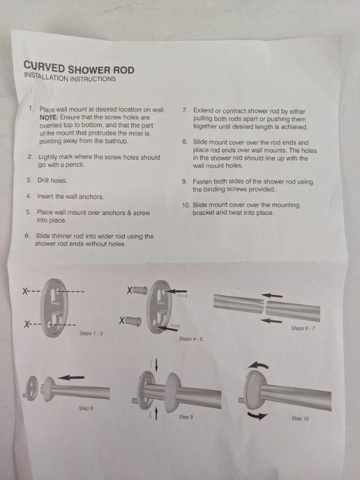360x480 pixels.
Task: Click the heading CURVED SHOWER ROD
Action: coord(79,68)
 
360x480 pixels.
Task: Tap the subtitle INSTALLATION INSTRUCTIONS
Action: coord(70,77)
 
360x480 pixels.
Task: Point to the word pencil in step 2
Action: coord(74,164)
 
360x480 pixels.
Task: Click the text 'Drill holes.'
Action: coord(52,181)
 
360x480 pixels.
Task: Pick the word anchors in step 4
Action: coord(91,197)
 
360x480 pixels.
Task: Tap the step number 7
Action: coord(185,110)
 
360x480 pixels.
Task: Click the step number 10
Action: coord(186,205)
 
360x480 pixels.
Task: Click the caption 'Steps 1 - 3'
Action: coord(91,334)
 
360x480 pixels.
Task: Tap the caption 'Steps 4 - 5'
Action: coord(191,339)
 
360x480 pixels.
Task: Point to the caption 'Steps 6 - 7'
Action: coord(303,328)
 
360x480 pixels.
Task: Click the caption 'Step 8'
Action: coord(86,408)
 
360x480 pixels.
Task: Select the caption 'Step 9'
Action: coord(186,417)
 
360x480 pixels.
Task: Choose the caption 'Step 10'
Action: coord(300,418)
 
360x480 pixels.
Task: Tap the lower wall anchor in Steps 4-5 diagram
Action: coord(133,321)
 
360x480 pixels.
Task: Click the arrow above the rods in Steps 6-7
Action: coord(272,295)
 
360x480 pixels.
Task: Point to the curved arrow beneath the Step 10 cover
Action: coord(258,416)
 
